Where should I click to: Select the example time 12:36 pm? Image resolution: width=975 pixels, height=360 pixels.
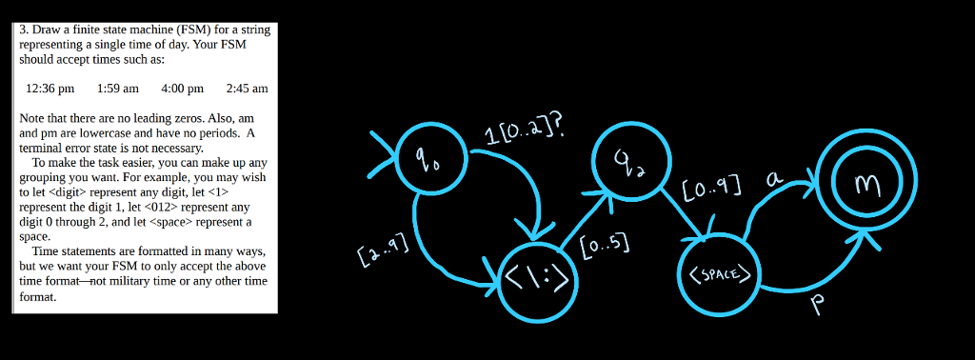tap(50, 89)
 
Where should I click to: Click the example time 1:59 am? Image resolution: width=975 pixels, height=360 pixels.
tap(118, 89)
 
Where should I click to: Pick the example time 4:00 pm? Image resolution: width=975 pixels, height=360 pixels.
tap(183, 89)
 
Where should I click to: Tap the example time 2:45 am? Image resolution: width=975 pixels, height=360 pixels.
tap(248, 89)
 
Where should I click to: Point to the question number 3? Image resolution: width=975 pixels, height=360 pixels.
tap(25, 30)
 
